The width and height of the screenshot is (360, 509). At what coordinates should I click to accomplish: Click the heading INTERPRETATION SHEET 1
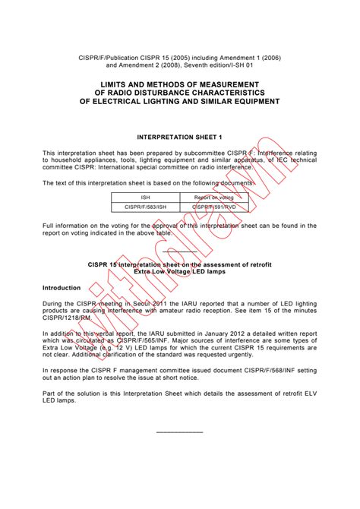[179, 138]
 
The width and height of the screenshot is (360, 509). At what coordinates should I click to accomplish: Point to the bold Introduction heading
[62, 288]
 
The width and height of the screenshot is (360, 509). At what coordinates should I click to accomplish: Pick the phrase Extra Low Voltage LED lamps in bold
[179, 270]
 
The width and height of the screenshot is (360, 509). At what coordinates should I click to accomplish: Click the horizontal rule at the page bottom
[179, 432]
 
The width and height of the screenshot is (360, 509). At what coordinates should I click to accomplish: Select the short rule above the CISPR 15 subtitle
[179, 251]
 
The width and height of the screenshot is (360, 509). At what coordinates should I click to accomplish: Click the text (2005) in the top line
[169, 56]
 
